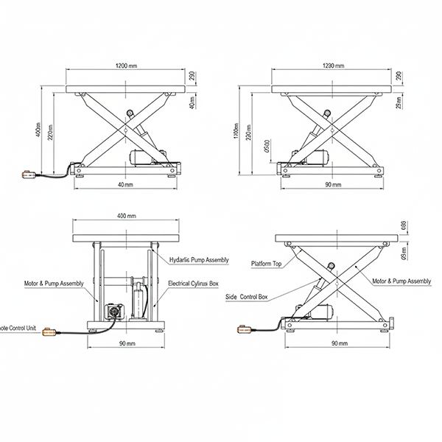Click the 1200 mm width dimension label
point(127,66)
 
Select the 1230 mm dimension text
point(333,66)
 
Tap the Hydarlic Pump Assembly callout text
point(199,260)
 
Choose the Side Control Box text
point(247,297)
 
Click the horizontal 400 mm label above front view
point(127,216)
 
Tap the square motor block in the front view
point(115,311)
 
